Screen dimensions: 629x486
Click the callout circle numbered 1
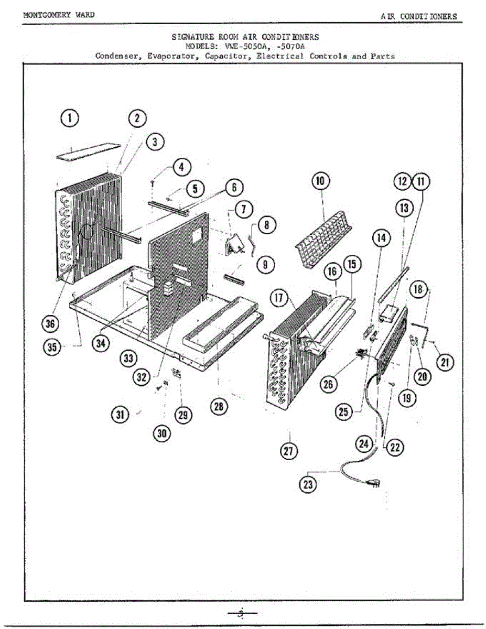[70, 118]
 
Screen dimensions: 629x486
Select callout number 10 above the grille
[320, 181]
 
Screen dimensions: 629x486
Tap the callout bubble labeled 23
[308, 484]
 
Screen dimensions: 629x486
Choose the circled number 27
[289, 451]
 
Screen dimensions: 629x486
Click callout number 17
[278, 299]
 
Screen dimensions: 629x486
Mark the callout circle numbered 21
[446, 362]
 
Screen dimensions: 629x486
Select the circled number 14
[382, 238]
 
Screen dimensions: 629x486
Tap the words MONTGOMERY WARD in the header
[59, 15]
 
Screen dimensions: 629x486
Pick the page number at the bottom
[242, 613]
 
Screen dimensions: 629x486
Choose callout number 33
[128, 359]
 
